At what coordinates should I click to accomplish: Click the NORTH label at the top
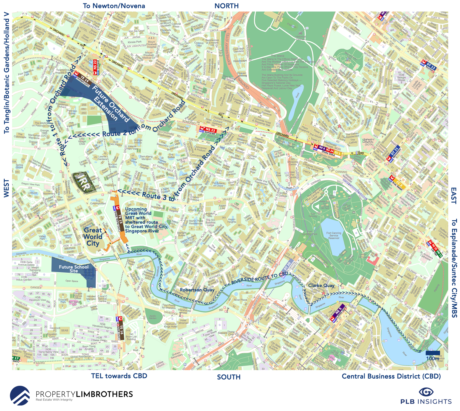[x=226, y=6]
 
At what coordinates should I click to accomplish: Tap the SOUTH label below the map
[x=229, y=377]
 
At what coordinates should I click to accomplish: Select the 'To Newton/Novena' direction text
[x=114, y=6]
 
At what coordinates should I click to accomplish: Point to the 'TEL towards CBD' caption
[x=119, y=376]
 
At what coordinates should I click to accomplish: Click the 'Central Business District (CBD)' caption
[x=391, y=376]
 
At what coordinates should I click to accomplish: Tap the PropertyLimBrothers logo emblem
[x=20, y=396]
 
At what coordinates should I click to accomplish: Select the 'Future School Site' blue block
[x=73, y=269]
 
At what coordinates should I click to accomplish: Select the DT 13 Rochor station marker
[x=428, y=65]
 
